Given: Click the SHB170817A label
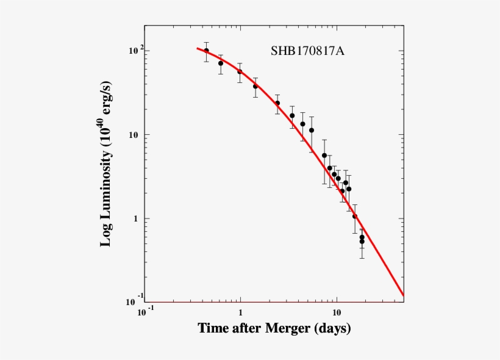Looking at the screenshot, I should [x=307, y=51].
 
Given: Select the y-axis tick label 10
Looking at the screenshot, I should [x=130, y=135].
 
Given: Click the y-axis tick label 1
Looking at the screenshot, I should [x=135, y=218].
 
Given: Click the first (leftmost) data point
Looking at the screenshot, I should [x=206, y=51].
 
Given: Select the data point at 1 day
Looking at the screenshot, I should [x=240, y=71].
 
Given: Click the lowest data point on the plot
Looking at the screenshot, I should [x=362, y=242].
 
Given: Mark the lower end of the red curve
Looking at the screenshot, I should [x=403, y=295].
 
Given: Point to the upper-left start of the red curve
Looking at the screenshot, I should [x=197, y=48].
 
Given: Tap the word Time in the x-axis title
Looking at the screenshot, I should [x=213, y=329].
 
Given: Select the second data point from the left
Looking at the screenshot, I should [x=221, y=63].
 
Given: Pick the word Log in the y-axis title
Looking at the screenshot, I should [x=105, y=234].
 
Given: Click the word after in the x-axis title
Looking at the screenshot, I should [x=246, y=329].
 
